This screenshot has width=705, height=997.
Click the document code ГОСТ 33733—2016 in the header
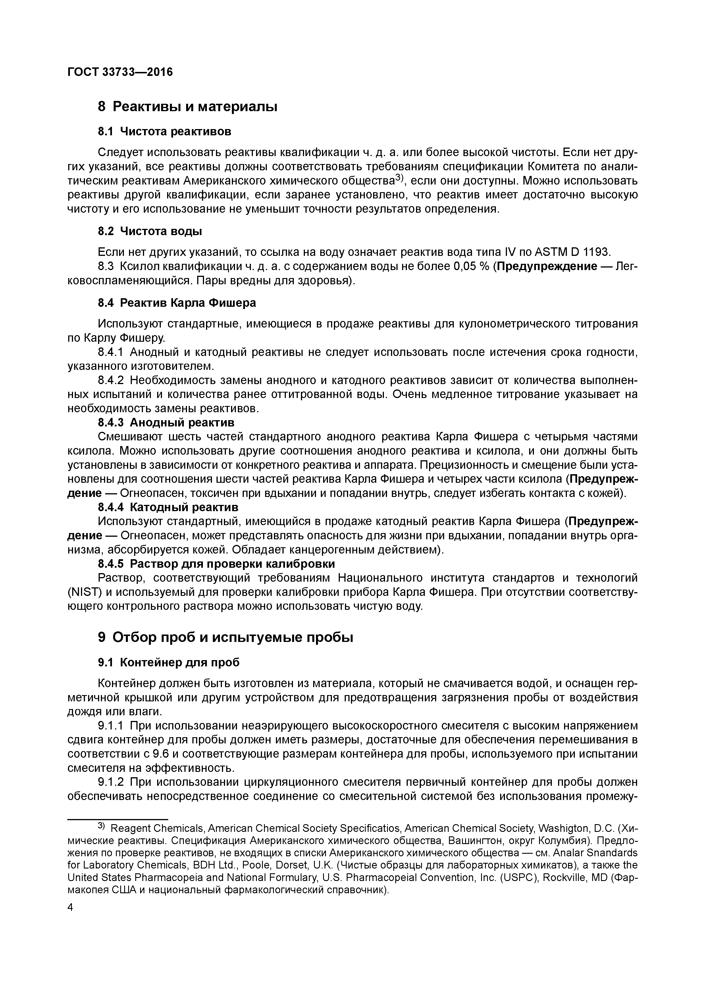click(120, 72)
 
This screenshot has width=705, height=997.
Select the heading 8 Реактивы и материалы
click(188, 106)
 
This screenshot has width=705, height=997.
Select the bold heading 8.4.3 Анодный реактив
click(166, 422)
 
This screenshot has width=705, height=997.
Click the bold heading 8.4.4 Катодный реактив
click(168, 507)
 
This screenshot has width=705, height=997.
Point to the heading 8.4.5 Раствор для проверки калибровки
click(216, 564)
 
